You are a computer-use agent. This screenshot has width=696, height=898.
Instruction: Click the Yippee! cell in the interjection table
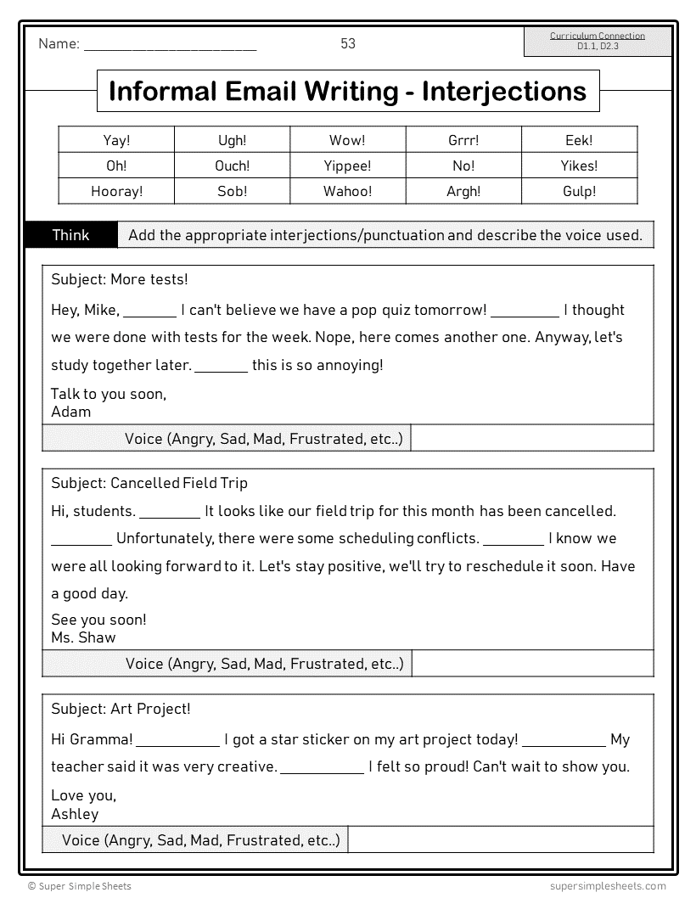348,166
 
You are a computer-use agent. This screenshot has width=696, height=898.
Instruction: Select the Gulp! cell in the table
579,191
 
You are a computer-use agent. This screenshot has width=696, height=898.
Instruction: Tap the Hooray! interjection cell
116,191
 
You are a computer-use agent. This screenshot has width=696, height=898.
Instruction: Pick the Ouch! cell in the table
232,166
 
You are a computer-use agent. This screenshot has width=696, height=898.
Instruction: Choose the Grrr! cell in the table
463,140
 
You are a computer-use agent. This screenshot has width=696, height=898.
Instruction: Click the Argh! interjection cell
463,191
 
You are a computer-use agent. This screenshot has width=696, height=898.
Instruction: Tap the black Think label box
71,235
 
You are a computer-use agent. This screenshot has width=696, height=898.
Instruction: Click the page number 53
348,43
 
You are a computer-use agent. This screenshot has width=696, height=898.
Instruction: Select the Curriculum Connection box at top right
598,42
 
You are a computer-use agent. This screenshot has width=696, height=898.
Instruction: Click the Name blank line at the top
170,46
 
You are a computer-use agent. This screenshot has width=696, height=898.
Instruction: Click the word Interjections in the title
504,91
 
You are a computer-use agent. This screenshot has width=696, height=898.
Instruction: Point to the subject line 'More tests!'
120,279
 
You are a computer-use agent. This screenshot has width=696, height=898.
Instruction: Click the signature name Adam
70,412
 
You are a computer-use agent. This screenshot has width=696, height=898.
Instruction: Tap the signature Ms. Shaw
83,637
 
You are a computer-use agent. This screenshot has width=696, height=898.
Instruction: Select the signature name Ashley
75,814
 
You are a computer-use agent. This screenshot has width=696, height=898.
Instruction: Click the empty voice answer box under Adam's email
532,439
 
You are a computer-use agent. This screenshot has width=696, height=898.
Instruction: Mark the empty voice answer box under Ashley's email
501,840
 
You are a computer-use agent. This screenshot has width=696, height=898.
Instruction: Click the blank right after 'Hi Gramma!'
177,740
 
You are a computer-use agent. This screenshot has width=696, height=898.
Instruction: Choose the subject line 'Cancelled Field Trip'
149,483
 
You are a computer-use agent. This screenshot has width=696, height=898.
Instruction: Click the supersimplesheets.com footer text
602,885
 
